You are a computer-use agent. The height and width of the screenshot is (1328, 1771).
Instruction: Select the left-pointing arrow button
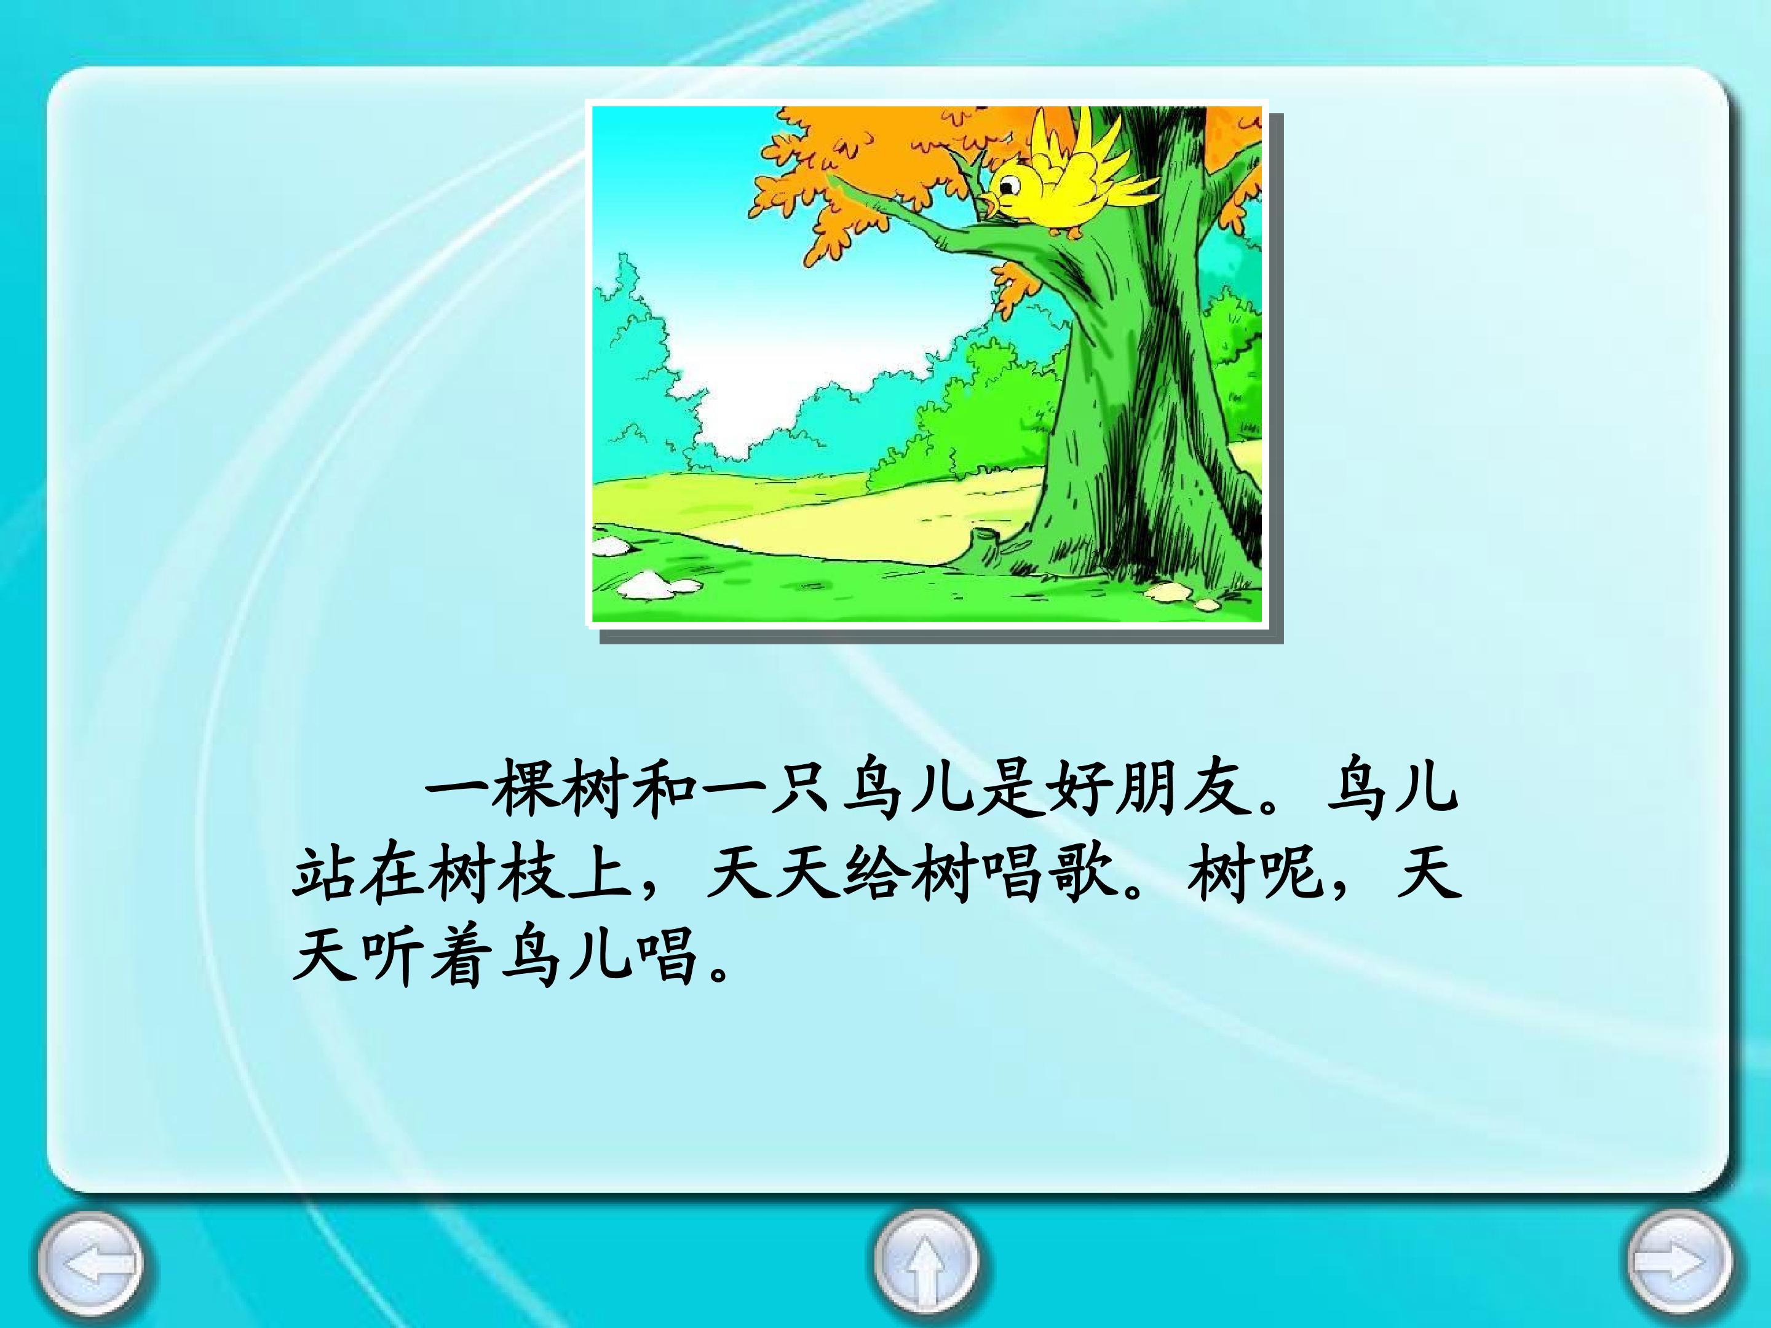click(x=93, y=1263)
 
